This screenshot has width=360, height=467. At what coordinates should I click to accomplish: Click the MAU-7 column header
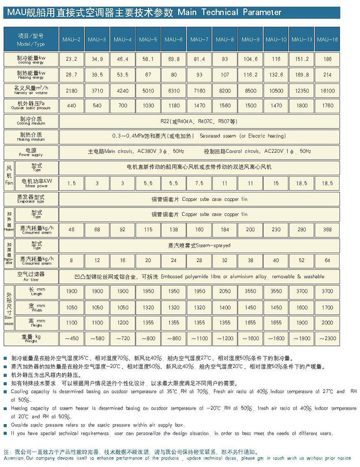tap(199, 39)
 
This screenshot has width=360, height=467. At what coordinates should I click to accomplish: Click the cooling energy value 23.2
tap(72, 59)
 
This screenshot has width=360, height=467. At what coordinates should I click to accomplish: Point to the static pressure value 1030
tap(148, 105)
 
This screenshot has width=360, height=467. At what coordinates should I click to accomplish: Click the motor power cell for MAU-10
tap(276, 183)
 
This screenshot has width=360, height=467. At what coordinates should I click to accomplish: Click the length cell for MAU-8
tap(225, 291)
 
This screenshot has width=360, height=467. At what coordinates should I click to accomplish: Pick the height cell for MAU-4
tap(122, 322)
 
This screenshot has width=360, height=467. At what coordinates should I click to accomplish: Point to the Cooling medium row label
tap(30, 121)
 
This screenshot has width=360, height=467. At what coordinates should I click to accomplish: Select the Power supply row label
tap(30, 152)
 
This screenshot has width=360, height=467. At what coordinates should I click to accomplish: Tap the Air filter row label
tap(30, 276)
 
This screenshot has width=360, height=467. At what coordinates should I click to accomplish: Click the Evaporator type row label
tap(30, 199)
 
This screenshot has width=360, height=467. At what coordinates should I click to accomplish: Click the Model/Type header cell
tap(30, 39)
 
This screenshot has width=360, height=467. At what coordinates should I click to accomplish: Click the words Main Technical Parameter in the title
tap(229, 12)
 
